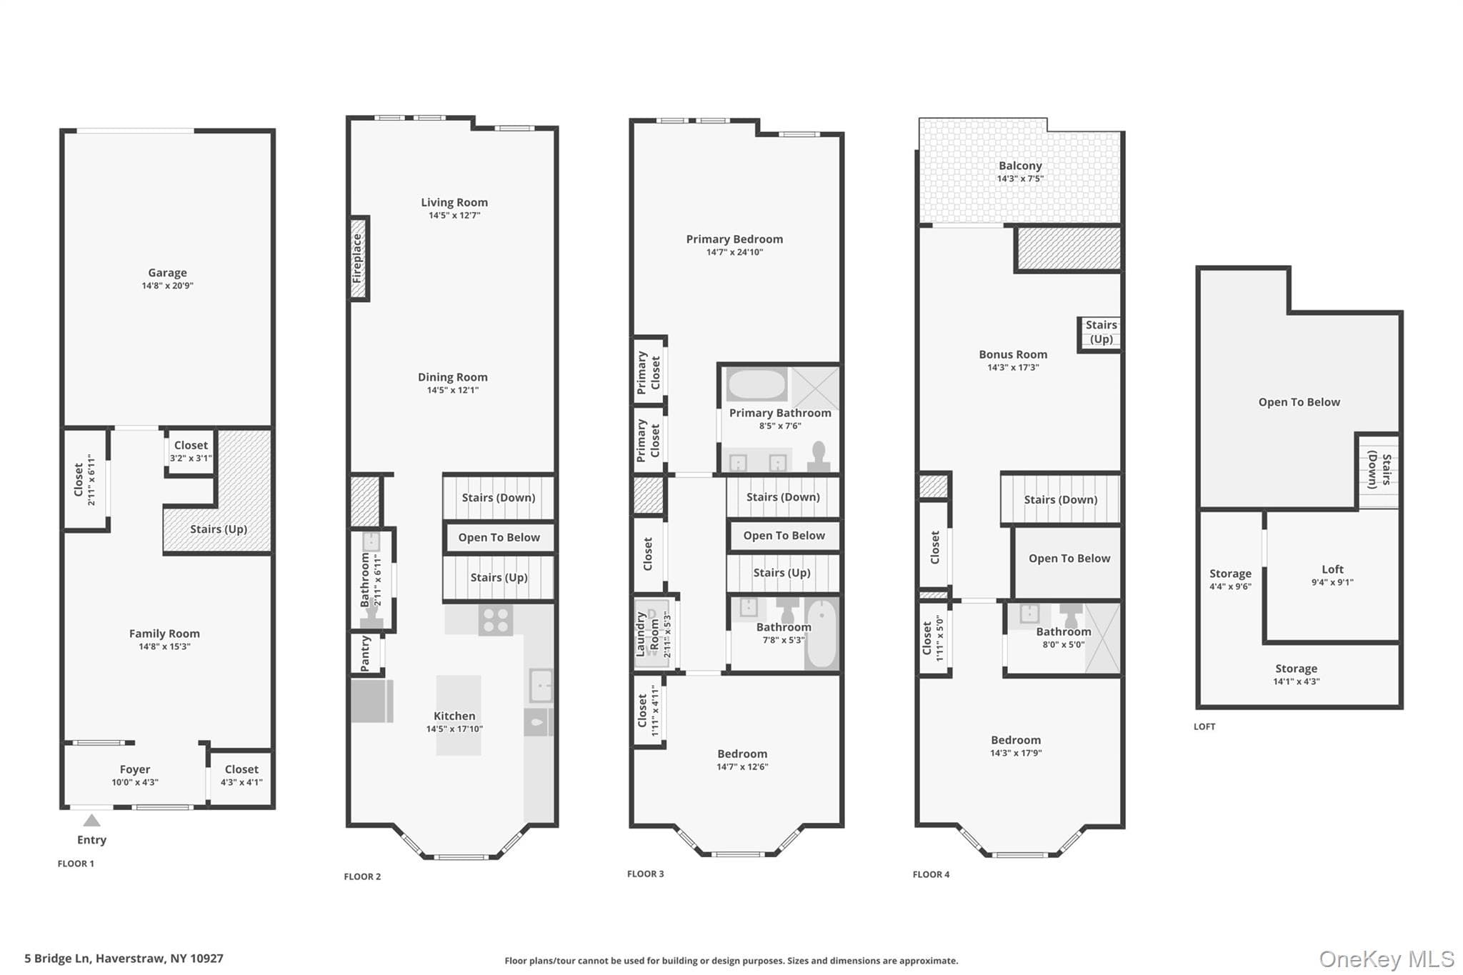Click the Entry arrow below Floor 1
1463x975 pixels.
91,820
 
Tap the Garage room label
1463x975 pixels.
167,273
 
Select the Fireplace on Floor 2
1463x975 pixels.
359,259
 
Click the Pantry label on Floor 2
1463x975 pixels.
365,654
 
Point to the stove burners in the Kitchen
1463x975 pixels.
496,620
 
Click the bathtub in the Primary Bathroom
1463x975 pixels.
757,384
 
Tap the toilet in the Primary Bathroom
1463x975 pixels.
819,456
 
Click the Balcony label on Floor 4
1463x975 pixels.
1020,166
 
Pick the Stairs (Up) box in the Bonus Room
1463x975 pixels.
1100,333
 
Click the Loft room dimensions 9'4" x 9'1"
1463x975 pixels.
1332,582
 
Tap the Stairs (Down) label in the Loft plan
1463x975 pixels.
1379,470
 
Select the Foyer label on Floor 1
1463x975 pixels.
135,769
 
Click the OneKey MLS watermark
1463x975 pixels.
1387,959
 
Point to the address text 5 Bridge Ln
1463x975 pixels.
58,959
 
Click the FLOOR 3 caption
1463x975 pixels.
646,874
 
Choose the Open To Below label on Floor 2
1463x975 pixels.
499,538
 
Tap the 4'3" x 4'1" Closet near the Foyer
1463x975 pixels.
241,777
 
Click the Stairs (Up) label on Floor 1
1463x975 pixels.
219,529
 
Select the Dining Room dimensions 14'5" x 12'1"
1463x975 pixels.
453,390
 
